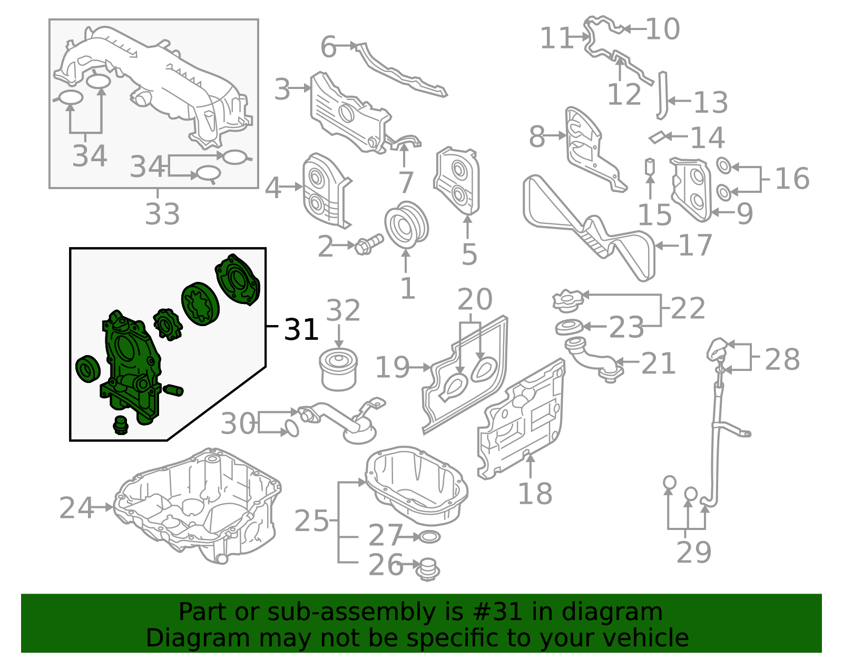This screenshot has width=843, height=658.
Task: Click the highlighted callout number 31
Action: (301, 330)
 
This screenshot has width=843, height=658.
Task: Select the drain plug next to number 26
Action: (428, 569)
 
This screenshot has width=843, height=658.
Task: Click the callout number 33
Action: (162, 214)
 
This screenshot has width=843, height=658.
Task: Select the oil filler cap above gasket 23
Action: (568, 301)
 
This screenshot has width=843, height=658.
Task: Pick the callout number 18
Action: (535, 494)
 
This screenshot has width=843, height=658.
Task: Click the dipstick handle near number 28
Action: (718, 349)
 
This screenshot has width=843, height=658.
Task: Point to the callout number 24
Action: (76, 508)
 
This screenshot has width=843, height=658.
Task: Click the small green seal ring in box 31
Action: (87, 369)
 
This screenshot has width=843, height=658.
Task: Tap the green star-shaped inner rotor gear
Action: (167, 324)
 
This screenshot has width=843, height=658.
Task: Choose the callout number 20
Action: (475, 300)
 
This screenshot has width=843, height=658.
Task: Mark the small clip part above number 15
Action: (650, 166)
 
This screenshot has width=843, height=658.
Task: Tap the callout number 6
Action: (328, 47)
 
